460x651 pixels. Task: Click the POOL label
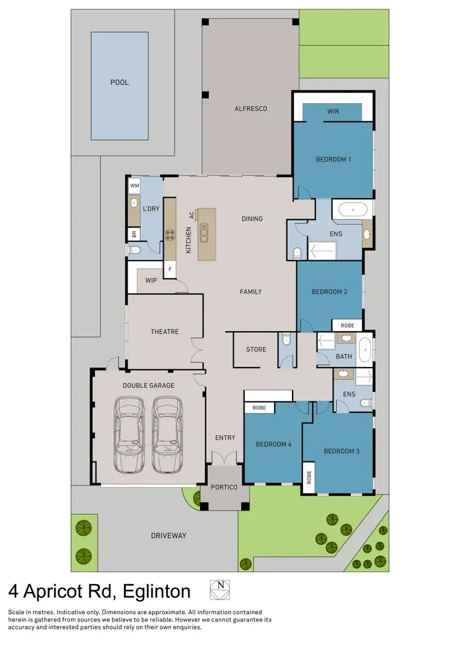click(x=120, y=82)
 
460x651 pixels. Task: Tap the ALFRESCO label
click(x=251, y=109)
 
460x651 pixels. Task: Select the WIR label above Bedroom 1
click(x=333, y=112)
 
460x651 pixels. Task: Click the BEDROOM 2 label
click(x=329, y=292)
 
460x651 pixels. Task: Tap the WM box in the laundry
click(x=134, y=185)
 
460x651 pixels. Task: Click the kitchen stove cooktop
click(x=170, y=234)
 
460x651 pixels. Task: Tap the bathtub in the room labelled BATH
click(x=366, y=349)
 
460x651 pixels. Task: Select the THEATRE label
click(x=164, y=332)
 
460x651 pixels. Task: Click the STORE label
click(x=256, y=350)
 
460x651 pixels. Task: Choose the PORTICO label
click(x=224, y=487)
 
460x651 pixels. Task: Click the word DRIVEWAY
click(x=168, y=536)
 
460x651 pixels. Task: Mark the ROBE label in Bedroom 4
click(x=259, y=407)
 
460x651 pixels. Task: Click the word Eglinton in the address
click(x=156, y=592)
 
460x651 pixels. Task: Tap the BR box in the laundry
click(x=134, y=234)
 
